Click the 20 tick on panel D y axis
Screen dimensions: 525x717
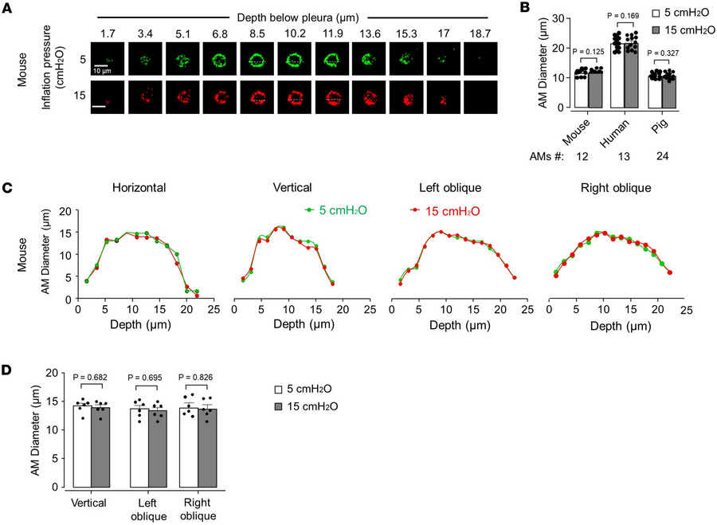click(x=53, y=372)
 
